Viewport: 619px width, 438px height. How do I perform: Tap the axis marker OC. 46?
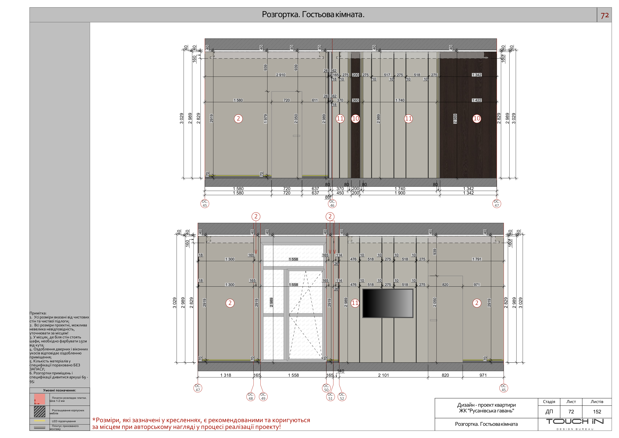(x=332, y=204)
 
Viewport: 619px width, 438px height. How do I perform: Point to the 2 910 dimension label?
(x=281, y=75)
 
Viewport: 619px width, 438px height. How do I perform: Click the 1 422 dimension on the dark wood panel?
(x=477, y=100)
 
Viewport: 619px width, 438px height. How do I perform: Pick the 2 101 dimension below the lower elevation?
(x=383, y=375)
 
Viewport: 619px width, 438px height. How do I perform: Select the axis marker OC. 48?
(x=251, y=396)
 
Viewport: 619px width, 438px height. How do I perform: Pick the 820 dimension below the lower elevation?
(x=445, y=375)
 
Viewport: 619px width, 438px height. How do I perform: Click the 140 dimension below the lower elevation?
(x=341, y=371)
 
